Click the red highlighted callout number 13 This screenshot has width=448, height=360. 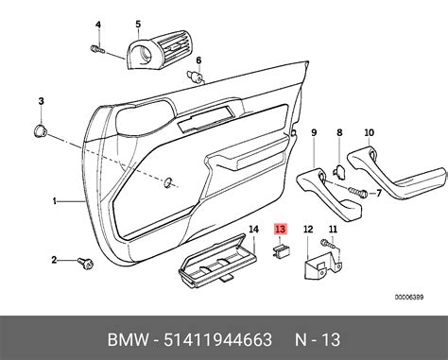[280, 229]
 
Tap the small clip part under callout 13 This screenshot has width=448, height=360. [281, 251]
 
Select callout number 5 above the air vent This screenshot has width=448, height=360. [138, 25]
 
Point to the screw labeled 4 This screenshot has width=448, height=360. [97, 49]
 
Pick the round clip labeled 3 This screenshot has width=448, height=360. [40, 130]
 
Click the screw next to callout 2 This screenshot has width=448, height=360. [85, 264]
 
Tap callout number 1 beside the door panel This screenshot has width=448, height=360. [55, 200]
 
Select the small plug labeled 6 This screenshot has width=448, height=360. [195, 77]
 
